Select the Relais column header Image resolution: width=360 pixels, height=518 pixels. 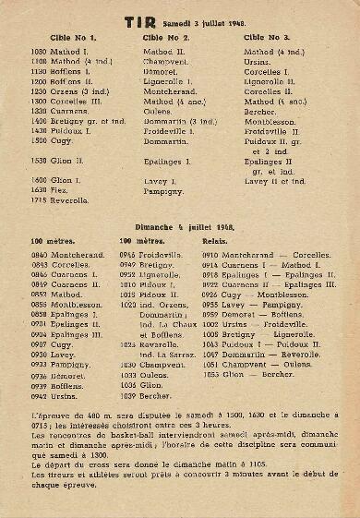point(216,239)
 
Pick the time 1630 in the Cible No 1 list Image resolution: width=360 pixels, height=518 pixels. point(38,188)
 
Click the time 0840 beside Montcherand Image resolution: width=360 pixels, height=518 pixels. point(38,253)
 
